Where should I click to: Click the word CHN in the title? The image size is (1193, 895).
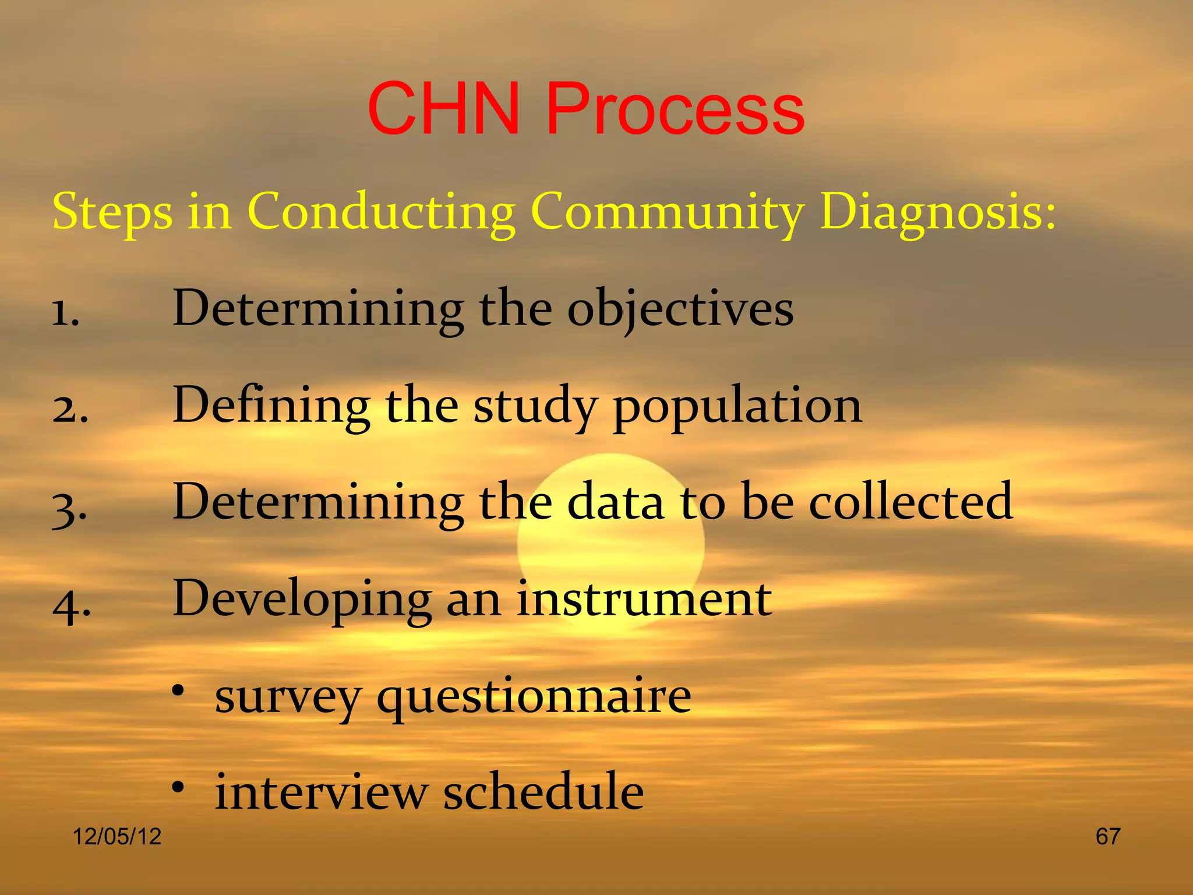tap(443, 109)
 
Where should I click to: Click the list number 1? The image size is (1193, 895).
tap(65, 313)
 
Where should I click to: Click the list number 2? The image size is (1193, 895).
tap(70, 410)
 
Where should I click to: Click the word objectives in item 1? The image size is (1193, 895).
tap(680, 309)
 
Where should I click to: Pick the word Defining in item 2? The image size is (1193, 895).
tap(271, 406)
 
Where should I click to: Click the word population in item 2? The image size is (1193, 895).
tap(737, 406)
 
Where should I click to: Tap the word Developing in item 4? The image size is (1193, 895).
tap(302, 600)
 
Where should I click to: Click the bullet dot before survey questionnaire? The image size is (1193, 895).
tap(178, 691)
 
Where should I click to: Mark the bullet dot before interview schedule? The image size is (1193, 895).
tap(178, 788)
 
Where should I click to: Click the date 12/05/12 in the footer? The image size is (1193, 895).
tap(117, 837)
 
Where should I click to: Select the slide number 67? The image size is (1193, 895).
tap(1107, 837)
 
